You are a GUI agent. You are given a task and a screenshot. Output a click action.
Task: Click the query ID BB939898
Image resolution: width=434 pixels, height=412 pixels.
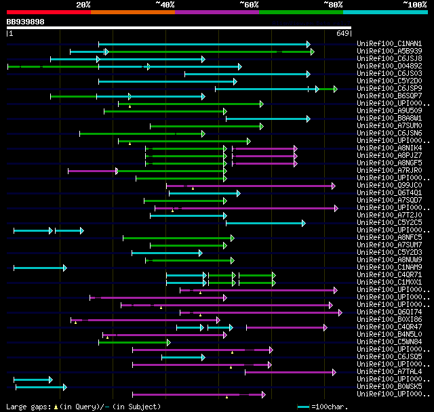point(26,22)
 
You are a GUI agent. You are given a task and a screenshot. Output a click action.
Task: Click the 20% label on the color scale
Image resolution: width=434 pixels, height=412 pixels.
point(83,5)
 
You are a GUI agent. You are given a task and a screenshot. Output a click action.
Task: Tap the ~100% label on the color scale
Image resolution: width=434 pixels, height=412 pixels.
point(414,5)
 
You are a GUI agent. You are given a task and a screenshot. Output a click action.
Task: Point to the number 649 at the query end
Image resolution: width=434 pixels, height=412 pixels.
point(342,33)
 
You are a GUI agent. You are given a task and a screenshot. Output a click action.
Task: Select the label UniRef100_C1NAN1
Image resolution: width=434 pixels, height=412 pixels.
point(389,44)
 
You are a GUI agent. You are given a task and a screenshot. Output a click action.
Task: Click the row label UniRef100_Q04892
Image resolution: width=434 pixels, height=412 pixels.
point(389,66)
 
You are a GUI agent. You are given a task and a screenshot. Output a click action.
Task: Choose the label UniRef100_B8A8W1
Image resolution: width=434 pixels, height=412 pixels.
point(389,119)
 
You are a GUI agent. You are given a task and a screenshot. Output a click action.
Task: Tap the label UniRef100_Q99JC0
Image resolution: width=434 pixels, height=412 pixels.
point(389,186)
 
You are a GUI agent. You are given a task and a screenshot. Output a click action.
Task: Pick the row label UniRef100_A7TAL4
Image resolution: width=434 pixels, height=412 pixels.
point(389,372)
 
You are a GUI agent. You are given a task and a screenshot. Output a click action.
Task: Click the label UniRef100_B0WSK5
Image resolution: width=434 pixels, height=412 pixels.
point(389,387)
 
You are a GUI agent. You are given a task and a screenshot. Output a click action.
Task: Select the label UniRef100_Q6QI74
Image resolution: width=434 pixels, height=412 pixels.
point(389,312)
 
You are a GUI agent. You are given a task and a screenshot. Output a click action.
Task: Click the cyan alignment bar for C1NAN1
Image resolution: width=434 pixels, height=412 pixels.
point(203,44)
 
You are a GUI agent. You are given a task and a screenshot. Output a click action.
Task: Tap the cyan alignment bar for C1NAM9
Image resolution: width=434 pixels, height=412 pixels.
point(39,268)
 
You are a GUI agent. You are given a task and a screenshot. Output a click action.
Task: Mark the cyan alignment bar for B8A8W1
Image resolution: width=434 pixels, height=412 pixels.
point(267,119)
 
